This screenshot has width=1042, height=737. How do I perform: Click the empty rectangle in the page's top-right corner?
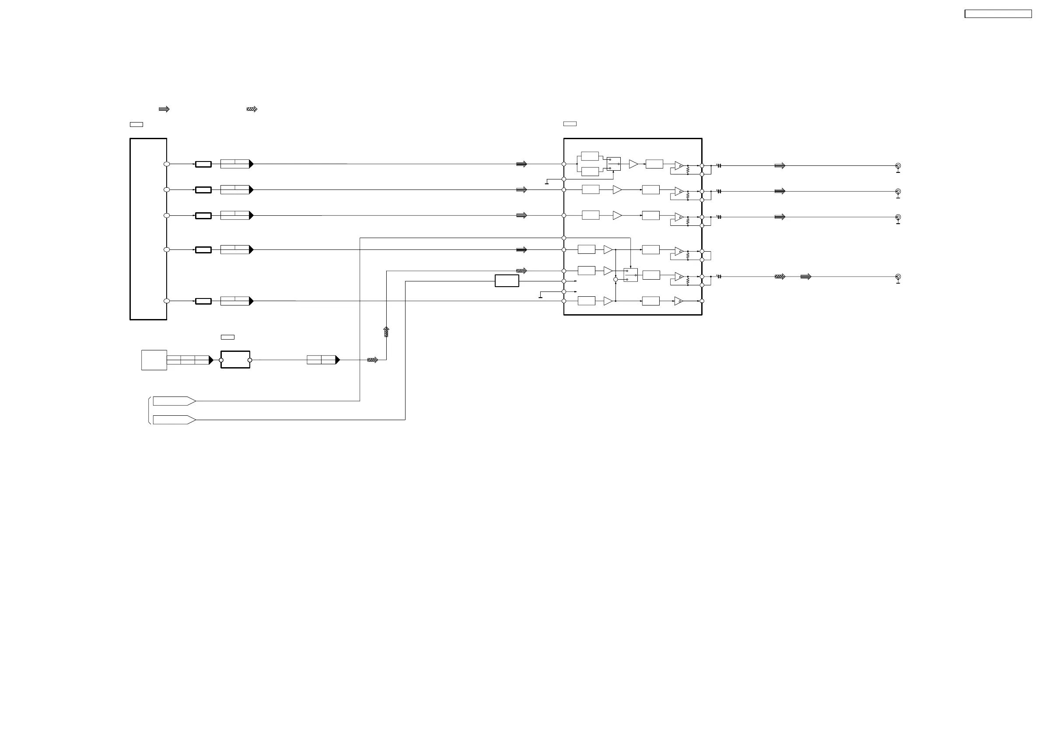pos(998,14)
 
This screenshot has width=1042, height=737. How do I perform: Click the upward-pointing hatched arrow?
pos(386,331)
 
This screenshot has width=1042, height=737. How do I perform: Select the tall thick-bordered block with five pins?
pos(148,229)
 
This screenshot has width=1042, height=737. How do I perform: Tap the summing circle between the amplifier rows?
pos(615,280)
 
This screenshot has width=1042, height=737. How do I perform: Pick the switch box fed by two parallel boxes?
pos(614,164)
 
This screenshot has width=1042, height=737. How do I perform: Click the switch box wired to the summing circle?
pos(630,275)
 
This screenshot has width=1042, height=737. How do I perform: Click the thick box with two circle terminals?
pos(235,360)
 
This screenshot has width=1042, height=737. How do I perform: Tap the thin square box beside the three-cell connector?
pos(154,360)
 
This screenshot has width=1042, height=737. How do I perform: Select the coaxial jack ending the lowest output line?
pos(898,277)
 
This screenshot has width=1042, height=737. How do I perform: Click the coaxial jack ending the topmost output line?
pos(898,166)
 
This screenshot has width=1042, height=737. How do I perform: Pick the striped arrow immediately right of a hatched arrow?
pos(805,277)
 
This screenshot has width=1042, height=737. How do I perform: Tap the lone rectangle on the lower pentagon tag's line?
pos(507,281)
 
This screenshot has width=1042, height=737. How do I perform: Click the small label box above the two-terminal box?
pos(227,337)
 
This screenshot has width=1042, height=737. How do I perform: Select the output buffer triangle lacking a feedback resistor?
pos(678,301)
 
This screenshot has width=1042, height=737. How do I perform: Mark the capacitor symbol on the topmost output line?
pos(719,166)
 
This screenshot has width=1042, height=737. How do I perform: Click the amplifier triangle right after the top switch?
pos(633,164)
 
